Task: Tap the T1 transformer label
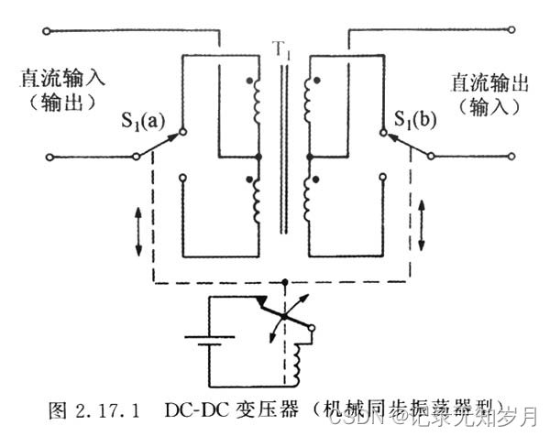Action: point(280,49)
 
